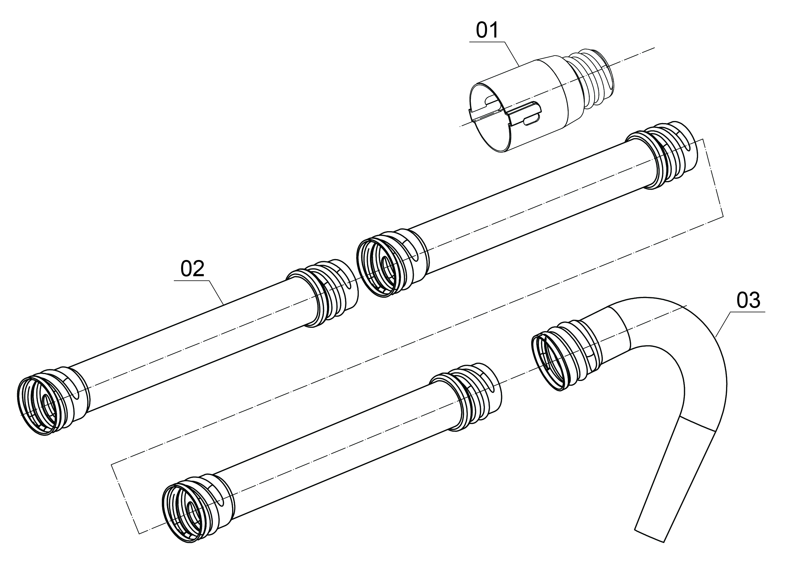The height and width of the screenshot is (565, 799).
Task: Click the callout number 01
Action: tap(487, 30)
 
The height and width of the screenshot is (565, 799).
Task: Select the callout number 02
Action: tap(192, 269)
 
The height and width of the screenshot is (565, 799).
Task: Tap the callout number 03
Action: tap(748, 300)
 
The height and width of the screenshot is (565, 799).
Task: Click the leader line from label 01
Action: tap(512, 54)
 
